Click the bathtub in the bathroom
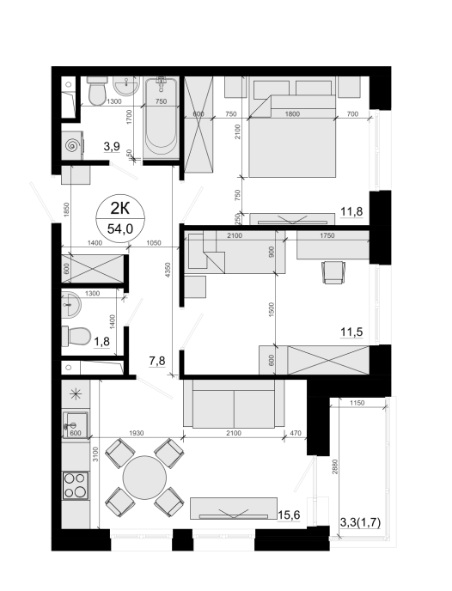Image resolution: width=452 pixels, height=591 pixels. pos(161,116)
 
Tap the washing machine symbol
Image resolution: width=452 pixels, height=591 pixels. pos(73,145)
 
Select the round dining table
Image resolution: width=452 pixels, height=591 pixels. pos(144,478)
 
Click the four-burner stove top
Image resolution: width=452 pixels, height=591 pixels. pos(76,485)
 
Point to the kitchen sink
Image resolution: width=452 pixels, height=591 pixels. pos(76,424)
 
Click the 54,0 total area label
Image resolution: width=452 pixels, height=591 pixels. pos(120,228)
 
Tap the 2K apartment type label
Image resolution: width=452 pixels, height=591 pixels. pos(120,208)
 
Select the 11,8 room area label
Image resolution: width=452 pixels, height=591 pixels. pos(351,211)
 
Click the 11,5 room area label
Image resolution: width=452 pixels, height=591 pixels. pos(351,332)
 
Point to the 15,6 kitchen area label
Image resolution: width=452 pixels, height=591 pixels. pos(289,515)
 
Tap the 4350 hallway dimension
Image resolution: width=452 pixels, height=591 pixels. pos(168,271)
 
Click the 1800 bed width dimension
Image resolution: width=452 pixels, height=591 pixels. pos(292,114)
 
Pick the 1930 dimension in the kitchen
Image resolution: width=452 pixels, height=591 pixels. pos(136,433)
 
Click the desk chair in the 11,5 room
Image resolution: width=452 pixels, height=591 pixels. pos(333,272)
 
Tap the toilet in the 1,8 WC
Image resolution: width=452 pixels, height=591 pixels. pos(76,336)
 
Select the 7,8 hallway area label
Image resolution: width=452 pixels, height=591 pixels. pos(156,361)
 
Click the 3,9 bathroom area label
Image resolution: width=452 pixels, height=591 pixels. pos(112,146)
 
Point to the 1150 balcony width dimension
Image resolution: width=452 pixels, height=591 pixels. pos(357,403)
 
